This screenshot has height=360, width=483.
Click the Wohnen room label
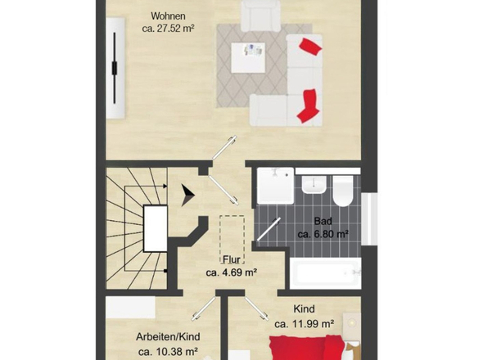168,16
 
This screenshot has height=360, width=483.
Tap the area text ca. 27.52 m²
168,29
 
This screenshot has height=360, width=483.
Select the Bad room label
323,221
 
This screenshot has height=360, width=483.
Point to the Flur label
232,259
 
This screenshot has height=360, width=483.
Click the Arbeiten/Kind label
168,337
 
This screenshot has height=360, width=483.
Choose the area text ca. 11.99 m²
305,324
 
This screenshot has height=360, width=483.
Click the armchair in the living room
260,16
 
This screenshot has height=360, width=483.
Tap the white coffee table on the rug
248,57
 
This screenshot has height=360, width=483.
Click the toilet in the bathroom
343,191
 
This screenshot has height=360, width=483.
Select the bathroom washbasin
314,185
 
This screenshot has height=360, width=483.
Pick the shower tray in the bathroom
275,186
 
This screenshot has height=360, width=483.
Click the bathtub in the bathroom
326,273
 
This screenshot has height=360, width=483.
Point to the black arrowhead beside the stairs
187,196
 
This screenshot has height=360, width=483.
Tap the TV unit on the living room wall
115,68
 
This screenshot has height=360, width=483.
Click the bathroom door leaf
269,229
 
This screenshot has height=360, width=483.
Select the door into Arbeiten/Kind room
204,309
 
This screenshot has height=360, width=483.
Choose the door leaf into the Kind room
256,308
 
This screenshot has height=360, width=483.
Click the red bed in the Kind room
308,348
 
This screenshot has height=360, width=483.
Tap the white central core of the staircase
156,228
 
